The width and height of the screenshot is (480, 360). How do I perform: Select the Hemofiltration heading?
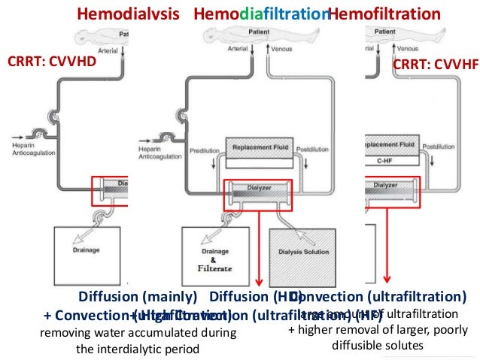click(385, 15)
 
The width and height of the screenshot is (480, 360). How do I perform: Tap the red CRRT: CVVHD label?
click(53, 62)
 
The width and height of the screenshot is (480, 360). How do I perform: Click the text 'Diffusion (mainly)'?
click(138, 296)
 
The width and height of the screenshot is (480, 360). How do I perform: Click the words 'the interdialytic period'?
click(138, 349)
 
